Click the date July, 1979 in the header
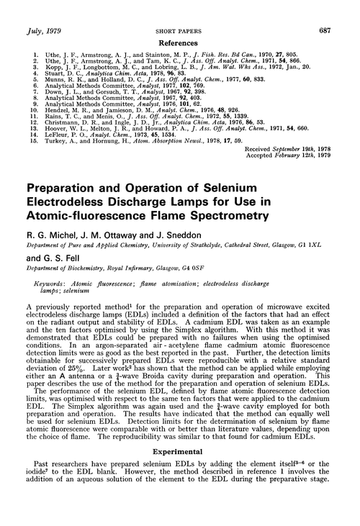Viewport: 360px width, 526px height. point(40,9)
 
